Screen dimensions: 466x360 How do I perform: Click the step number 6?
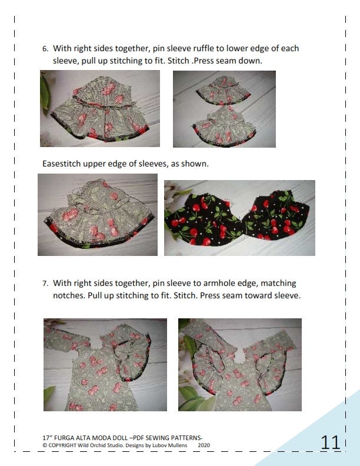click(45, 49)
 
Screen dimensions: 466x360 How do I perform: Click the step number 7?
click(45, 284)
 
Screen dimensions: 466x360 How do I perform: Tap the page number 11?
click(331, 443)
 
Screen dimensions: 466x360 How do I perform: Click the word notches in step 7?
click(68, 295)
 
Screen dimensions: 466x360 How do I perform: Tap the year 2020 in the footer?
click(204, 445)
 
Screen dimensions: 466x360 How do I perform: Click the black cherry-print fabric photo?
click(239, 218)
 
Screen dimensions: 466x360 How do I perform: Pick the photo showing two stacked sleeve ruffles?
click(224, 109)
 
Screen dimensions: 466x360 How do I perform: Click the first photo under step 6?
click(100, 109)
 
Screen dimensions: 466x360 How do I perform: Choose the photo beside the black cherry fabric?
click(98, 215)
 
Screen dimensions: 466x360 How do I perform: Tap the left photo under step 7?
click(105, 365)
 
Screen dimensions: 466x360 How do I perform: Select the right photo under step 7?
click(240, 365)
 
